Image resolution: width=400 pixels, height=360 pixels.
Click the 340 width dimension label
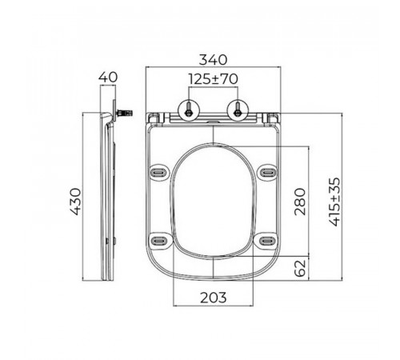213,59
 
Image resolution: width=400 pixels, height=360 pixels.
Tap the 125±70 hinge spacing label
213,79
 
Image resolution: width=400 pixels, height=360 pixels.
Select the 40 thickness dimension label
108,78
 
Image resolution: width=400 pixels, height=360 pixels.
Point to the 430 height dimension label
75,202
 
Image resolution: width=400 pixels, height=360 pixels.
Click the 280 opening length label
300,202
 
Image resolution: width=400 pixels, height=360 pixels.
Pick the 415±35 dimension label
334,202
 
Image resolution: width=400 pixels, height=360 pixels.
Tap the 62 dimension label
300,268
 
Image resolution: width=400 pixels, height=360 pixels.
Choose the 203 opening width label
213,298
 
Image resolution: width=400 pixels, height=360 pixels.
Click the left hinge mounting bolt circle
189,111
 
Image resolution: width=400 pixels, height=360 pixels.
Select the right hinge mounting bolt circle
238,111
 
